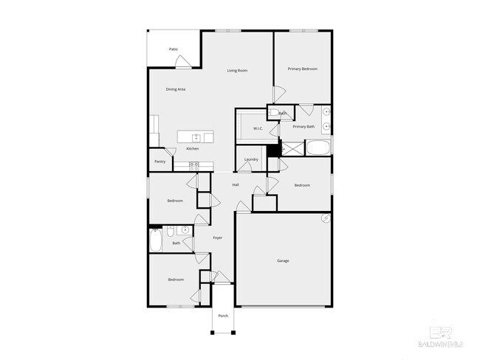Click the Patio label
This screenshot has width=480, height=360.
point(174,49)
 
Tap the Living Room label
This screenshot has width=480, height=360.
point(237,71)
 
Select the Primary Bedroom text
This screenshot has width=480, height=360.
point(303,69)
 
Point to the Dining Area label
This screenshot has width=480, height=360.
point(176,89)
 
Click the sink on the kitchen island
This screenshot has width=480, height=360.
point(196,137)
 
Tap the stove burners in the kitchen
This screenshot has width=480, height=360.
point(193,165)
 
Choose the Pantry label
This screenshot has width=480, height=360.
point(160,162)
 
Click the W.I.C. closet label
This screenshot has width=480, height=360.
point(258,129)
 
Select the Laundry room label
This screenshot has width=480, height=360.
point(251,159)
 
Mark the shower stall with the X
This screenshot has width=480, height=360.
point(293,149)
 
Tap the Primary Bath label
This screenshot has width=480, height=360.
point(304,127)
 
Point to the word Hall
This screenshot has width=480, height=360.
point(236,184)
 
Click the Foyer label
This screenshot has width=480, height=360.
point(218,238)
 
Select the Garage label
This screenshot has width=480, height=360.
point(283,261)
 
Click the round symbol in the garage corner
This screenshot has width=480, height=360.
point(326,219)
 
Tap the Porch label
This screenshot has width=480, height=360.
point(223,316)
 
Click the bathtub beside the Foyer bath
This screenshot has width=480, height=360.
point(157,240)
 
